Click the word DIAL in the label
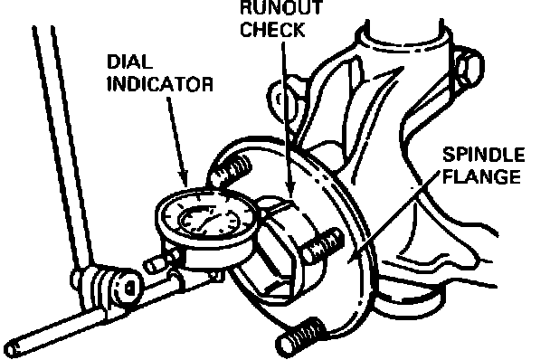pos(129,62)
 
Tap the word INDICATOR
pos(160,84)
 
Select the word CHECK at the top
pos(272,30)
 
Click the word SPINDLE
pos(484,155)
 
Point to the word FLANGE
pos(481,176)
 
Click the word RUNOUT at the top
pos(281,8)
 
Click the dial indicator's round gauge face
pos(208,218)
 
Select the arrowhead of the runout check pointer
pos(290,193)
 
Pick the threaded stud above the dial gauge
pos(231,168)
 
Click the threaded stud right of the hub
pos(321,245)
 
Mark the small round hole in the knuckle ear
pos(280,99)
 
